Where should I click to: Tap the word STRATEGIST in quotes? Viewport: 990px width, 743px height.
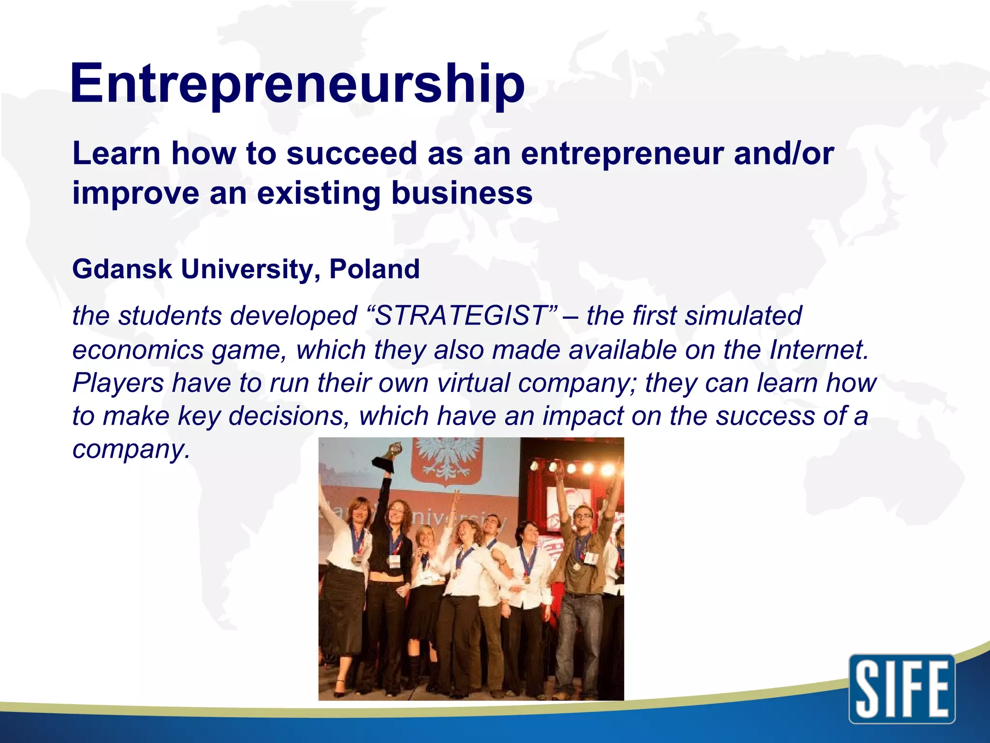(x=462, y=316)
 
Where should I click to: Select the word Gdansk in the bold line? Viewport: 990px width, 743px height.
(x=122, y=269)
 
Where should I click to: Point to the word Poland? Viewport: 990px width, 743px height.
(x=374, y=269)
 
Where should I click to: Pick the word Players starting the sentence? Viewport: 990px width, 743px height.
(x=118, y=383)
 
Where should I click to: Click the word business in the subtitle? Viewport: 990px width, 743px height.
(x=462, y=193)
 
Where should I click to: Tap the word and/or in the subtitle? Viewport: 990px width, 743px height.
(x=784, y=153)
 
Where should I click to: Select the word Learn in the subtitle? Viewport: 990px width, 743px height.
(x=116, y=153)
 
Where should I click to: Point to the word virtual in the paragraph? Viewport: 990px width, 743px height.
(x=473, y=383)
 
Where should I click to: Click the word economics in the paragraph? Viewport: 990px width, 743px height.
(x=138, y=350)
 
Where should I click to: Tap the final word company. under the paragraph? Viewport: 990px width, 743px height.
(x=131, y=449)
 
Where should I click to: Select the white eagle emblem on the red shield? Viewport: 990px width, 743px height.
(x=448, y=460)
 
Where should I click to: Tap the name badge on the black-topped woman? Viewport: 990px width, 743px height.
(x=394, y=561)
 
